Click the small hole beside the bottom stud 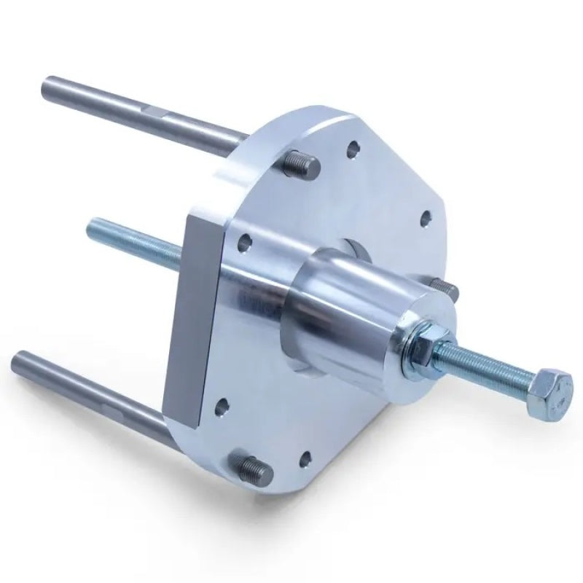click(306, 460)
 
